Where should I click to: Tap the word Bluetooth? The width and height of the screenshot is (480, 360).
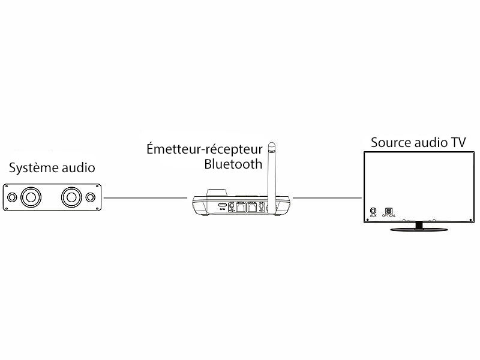(233, 164)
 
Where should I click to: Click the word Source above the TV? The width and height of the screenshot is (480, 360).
(391, 143)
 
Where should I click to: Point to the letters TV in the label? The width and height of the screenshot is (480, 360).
(458, 143)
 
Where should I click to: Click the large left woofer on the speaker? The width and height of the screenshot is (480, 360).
(31, 197)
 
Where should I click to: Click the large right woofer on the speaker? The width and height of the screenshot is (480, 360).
(71, 197)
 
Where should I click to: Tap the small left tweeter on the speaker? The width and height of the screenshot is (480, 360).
(12, 197)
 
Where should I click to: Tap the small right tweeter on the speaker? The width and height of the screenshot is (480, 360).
(91, 197)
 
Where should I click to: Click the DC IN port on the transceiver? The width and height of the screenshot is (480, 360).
(222, 205)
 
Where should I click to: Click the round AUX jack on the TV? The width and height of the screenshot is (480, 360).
(373, 211)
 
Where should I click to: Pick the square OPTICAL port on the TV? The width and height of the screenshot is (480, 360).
(388, 211)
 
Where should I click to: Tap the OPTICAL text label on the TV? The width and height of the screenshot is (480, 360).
(388, 217)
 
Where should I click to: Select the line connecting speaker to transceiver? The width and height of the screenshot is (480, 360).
(145, 198)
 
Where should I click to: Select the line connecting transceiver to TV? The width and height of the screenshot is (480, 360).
(327, 198)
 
